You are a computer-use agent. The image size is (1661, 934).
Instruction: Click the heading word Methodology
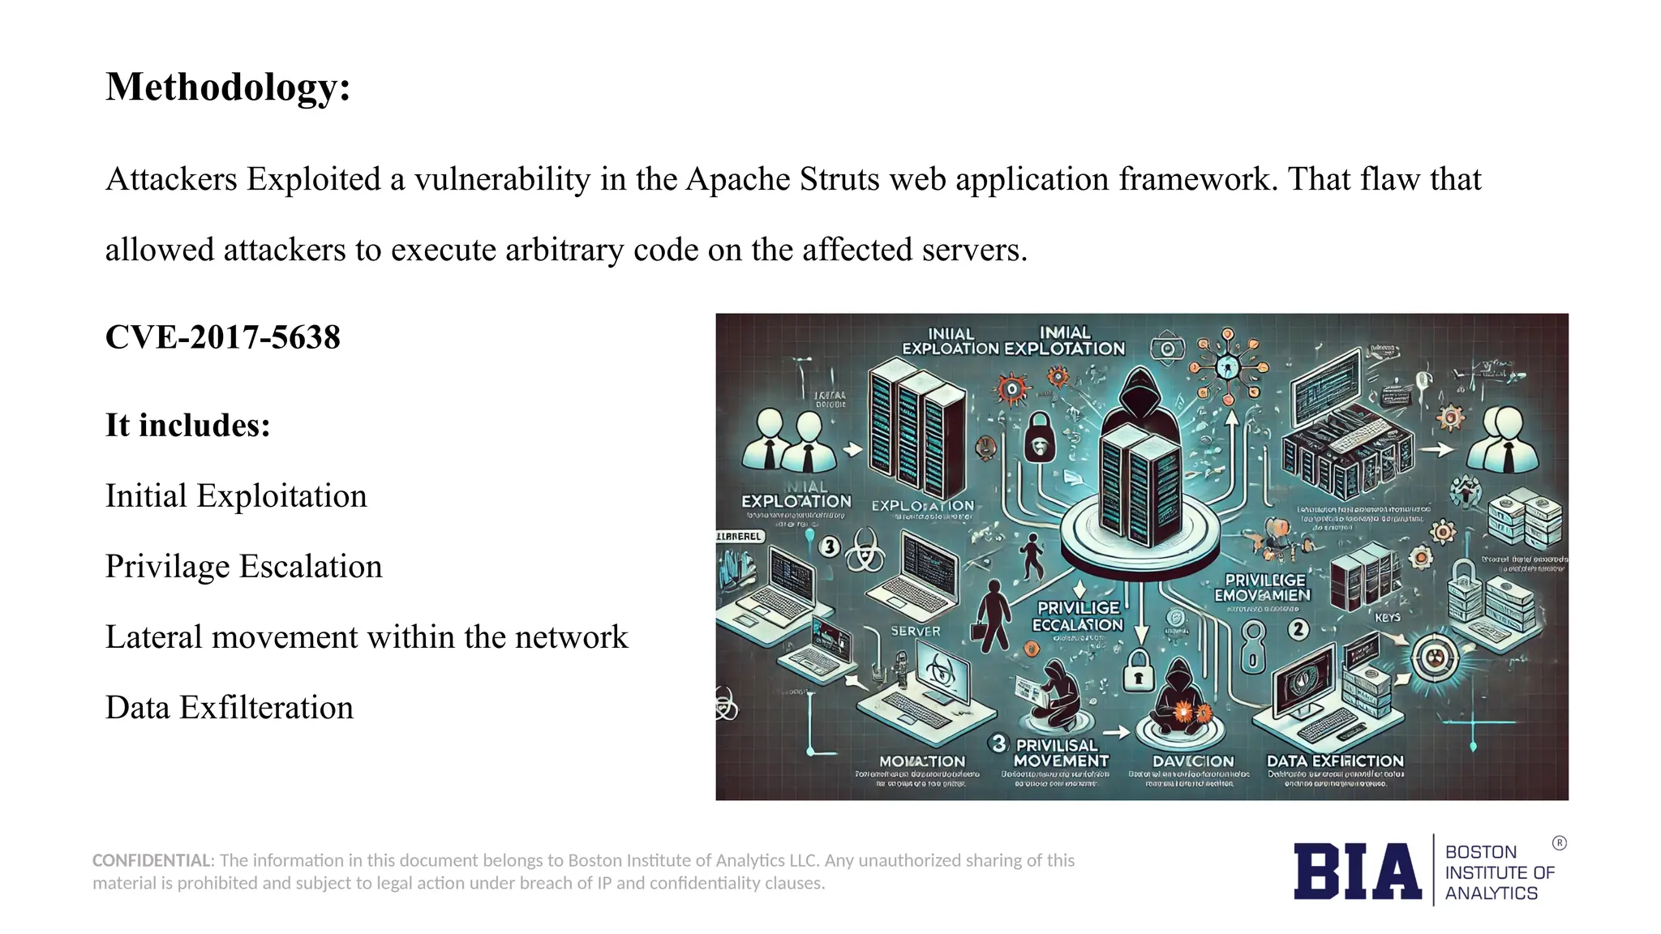[x=227, y=88]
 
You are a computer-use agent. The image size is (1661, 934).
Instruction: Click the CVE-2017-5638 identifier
[x=223, y=337]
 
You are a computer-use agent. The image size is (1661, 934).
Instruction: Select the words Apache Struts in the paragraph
[x=783, y=179]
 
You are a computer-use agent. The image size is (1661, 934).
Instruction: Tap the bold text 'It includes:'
[x=187, y=426]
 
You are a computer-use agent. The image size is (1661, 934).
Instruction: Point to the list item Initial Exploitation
[x=236, y=496]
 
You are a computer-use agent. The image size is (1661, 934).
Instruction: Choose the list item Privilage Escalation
[x=243, y=567]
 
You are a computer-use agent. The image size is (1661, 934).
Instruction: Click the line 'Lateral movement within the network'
[x=367, y=637]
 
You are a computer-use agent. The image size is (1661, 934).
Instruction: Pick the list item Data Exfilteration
[x=230, y=708]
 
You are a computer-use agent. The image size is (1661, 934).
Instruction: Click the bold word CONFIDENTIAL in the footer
[x=152, y=860]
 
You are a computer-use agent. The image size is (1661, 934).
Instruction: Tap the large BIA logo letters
[x=1357, y=872]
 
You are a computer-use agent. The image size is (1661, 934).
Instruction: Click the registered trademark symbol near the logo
[x=1559, y=843]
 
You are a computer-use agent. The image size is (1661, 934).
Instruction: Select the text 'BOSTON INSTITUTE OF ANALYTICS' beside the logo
[x=1499, y=872]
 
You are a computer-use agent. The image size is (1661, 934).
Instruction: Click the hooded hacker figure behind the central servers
[x=1141, y=397]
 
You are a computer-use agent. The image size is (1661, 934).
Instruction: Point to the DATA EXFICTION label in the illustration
[x=1335, y=761]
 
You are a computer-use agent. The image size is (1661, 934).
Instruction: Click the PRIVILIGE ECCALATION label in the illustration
[x=1078, y=616]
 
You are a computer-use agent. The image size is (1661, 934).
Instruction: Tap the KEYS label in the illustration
[x=1388, y=618]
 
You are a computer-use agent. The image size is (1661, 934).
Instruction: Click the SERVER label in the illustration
[x=916, y=631]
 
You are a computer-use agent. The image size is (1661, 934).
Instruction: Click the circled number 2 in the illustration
[x=1298, y=629]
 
